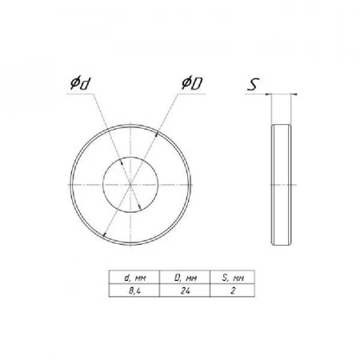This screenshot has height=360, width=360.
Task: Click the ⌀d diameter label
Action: click(79, 83)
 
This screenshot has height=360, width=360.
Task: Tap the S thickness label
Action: click(253, 84)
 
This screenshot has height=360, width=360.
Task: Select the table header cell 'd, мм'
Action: click(135, 278)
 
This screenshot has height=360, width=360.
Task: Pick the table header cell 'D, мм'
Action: click(186, 278)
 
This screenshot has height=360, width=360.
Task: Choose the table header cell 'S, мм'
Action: click(233, 278)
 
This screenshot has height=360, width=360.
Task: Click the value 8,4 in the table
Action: click(134, 290)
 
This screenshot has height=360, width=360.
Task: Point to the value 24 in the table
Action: click(185, 290)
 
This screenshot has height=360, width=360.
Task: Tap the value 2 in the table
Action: click(233, 290)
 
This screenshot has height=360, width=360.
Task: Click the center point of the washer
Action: click(130, 185)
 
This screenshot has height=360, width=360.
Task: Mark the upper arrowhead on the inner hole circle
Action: click(122, 162)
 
